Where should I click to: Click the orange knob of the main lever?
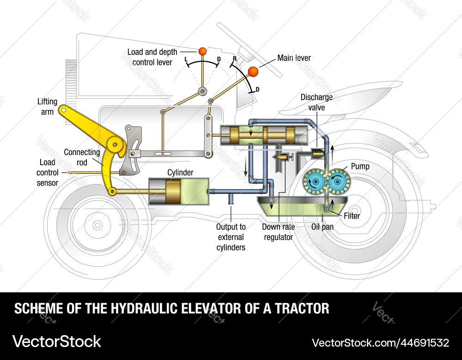[x=253, y=72]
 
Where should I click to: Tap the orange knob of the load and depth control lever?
[x=202, y=51]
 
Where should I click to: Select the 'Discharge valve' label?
[x=316, y=102]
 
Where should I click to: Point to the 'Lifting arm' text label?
[x=48, y=106]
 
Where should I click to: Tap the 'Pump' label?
[x=360, y=166]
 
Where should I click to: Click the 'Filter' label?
[x=352, y=216]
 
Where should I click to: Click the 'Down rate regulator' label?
[x=278, y=232]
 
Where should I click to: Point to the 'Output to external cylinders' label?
[x=231, y=237]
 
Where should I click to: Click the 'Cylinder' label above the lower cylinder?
[x=180, y=173]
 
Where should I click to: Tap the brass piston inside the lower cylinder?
[x=173, y=192]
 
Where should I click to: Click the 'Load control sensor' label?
[x=48, y=172]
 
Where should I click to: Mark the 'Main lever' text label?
[x=294, y=58]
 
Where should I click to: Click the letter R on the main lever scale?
[x=235, y=59]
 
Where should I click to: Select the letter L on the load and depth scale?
[x=186, y=60]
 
